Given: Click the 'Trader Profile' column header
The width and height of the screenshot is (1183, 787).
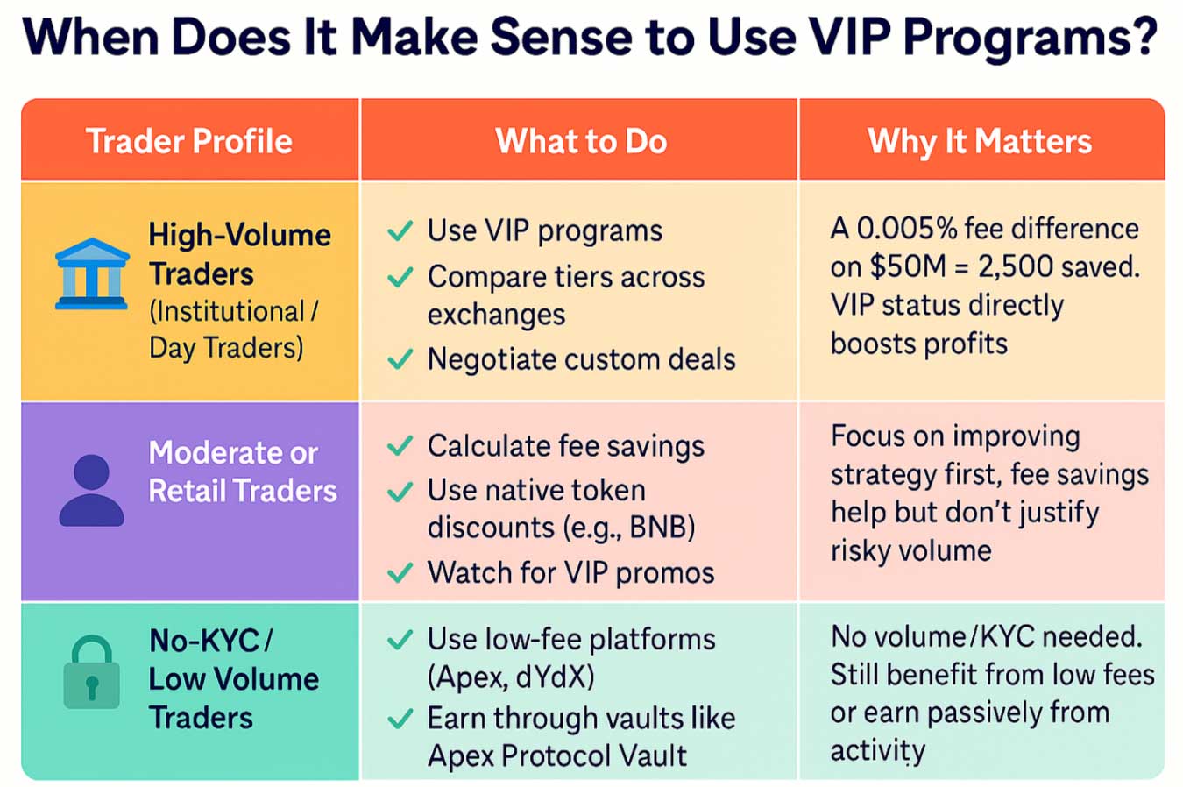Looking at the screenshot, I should (189, 141).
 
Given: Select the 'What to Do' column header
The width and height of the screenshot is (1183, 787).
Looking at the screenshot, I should (581, 141).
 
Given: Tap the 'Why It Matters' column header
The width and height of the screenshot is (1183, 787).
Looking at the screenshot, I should (980, 141).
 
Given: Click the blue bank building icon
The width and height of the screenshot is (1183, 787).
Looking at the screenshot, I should (92, 274).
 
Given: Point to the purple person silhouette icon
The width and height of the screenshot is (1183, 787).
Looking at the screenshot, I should (91, 491).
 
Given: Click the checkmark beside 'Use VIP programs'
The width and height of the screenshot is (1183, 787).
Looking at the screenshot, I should (400, 231).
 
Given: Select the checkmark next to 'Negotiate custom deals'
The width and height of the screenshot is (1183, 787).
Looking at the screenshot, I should (400, 359).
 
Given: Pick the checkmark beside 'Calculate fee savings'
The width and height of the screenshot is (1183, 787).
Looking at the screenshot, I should (400, 446).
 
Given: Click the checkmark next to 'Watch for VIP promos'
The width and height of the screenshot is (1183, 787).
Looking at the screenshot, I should (400, 573).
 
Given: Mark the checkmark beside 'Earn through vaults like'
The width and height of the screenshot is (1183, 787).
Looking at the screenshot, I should (400, 719).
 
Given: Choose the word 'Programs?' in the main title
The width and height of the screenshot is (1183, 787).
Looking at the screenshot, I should (1031, 39).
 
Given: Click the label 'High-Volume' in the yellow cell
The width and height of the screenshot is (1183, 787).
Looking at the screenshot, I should (239, 235).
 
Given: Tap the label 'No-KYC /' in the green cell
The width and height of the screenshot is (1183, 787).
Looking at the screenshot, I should (210, 641).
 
